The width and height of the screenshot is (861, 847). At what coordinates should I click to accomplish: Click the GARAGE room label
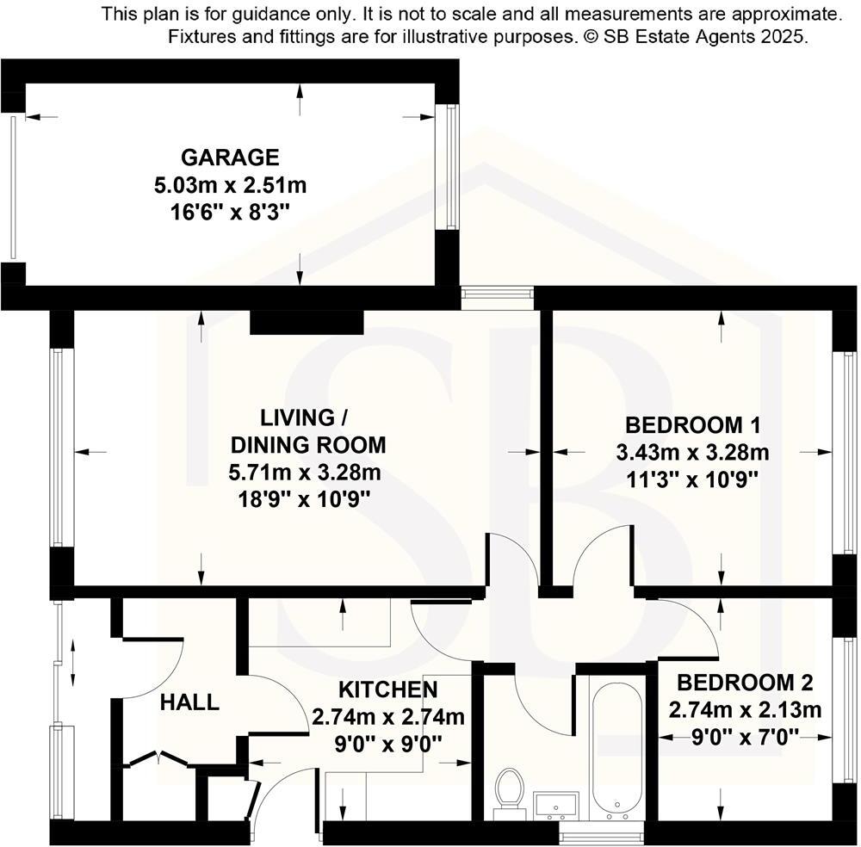[230, 158]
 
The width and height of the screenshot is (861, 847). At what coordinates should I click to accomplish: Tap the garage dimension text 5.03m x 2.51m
[230, 184]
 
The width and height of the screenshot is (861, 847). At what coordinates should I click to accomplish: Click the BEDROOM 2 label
[745, 683]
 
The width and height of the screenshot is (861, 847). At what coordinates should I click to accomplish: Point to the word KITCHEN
[387, 689]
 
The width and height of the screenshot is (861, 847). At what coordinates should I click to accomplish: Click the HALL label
[189, 702]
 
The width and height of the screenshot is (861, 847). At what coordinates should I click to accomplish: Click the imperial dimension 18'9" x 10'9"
[307, 499]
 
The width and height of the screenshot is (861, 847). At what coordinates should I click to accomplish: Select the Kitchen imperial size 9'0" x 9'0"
[387, 744]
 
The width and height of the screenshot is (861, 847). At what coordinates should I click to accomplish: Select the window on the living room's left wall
[59, 447]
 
